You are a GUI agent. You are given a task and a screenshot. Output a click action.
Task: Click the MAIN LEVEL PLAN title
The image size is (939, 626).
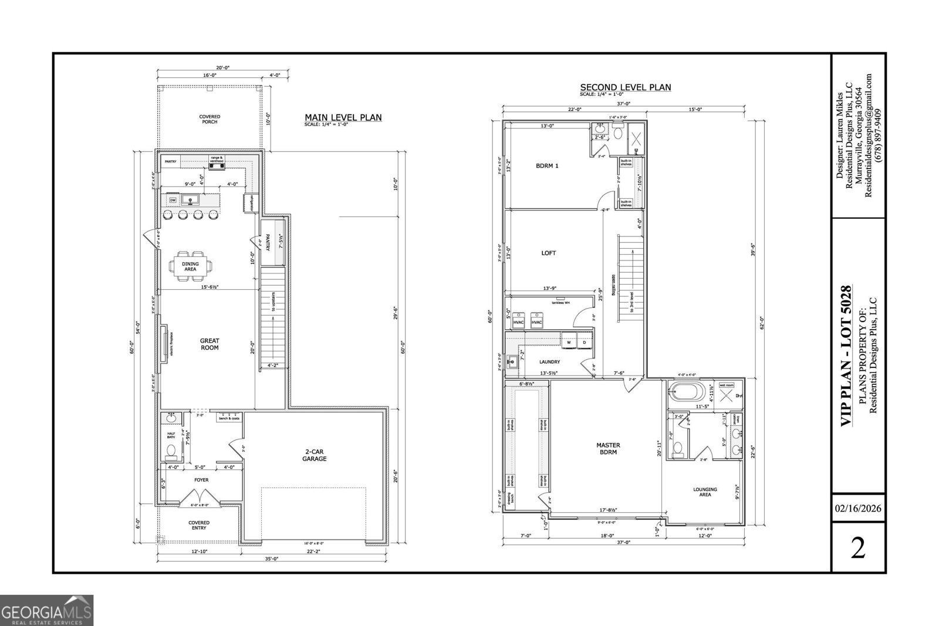(x=343, y=117)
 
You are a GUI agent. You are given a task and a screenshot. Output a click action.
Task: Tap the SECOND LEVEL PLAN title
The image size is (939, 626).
(x=625, y=87)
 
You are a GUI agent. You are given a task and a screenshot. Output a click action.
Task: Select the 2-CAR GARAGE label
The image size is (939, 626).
(x=315, y=455)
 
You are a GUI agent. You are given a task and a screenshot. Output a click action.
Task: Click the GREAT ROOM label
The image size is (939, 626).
(x=210, y=344)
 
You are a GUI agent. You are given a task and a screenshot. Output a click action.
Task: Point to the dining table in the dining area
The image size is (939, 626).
(x=190, y=264)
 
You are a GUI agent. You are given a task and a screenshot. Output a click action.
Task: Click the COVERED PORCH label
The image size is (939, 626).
(x=210, y=119)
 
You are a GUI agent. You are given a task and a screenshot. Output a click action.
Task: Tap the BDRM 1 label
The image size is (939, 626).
(x=547, y=165)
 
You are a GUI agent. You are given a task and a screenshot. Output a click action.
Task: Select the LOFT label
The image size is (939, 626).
(x=548, y=253)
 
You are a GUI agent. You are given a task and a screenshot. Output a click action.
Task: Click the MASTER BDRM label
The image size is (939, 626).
(x=608, y=448)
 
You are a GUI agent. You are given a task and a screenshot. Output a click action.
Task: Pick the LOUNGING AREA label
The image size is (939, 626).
(x=705, y=492)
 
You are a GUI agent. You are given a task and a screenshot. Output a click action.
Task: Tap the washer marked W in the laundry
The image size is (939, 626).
(x=568, y=341)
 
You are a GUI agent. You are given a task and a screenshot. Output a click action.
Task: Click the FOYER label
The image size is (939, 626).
(x=201, y=480)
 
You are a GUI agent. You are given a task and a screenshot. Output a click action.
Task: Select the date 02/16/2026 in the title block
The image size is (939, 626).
(x=859, y=508)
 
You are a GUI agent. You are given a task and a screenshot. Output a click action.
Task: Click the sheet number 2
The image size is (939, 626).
(x=858, y=549)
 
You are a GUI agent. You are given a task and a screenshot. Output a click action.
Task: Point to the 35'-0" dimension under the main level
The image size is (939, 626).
(x=271, y=559)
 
